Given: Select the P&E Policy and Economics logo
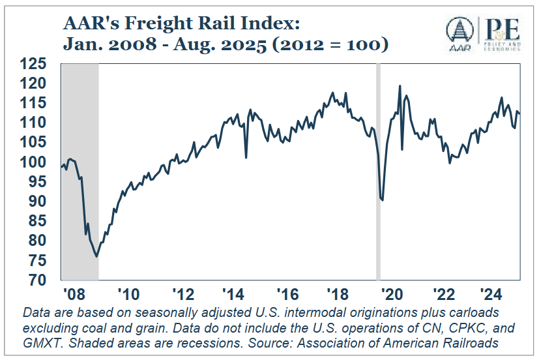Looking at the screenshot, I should tap(503, 32).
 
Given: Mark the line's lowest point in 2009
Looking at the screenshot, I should tap(96, 256).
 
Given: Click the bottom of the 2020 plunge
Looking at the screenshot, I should tap(382, 200).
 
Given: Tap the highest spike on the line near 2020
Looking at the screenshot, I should tap(400, 86).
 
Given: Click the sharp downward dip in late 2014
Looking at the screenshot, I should tap(246, 157).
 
